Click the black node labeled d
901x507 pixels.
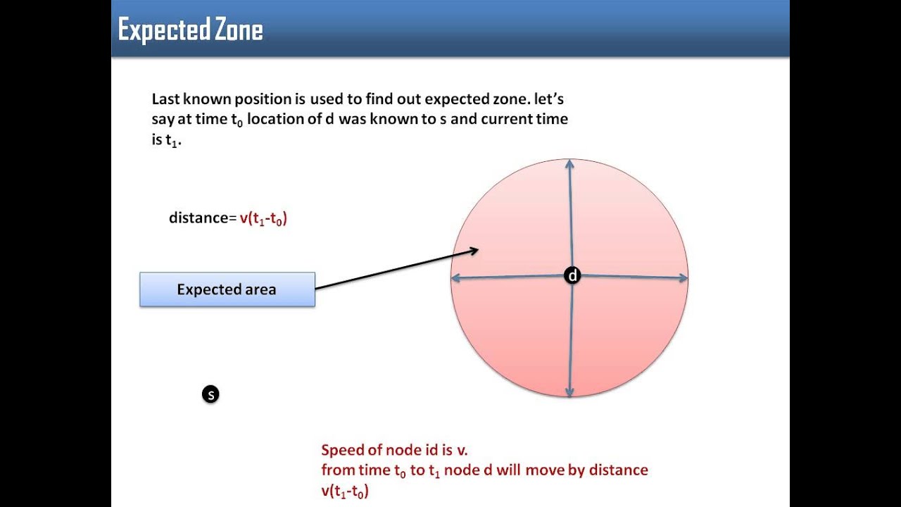[572, 276]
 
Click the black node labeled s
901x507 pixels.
[210, 394]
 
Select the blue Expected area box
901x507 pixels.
[227, 289]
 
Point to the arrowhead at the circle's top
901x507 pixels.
[569, 164]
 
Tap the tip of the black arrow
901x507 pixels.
[477, 249]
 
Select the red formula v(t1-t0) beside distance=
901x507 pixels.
[263, 218]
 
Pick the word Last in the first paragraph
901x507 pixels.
[165, 99]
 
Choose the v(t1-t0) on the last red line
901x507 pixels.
[345, 491]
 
